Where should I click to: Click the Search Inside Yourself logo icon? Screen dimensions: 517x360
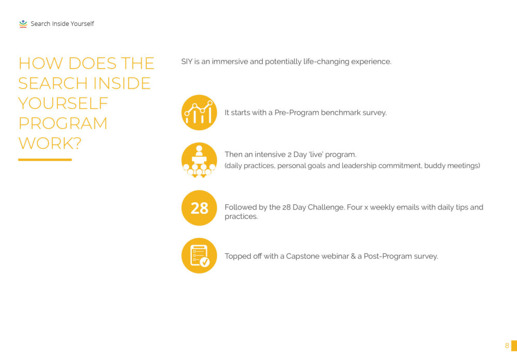pos(23,24)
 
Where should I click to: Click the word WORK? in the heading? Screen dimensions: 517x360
pos(50,143)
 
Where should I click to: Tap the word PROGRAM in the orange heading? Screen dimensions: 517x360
pos(63,124)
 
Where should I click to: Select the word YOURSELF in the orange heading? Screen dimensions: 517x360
pos(63,103)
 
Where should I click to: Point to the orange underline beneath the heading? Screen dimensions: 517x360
pos(45,160)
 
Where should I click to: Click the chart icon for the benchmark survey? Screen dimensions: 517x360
pos(199,113)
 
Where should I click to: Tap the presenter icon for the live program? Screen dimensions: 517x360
pos(199,160)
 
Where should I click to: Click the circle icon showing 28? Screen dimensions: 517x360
pos(199,208)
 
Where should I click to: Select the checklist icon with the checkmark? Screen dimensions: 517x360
pos(199,256)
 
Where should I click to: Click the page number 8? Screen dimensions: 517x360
pos(507,346)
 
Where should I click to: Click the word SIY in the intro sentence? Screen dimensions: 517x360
pos(187,62)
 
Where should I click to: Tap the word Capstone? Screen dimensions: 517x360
pos(302,257)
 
